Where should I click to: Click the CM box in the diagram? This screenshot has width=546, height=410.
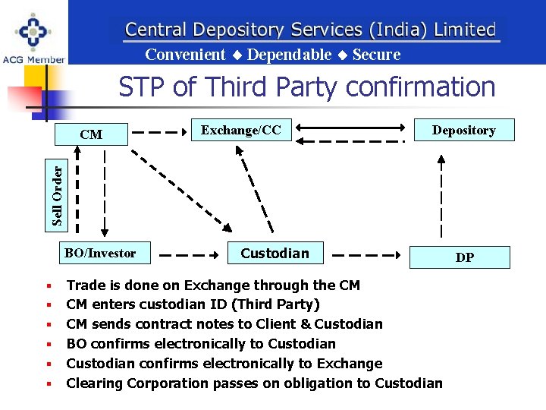pyautogui.click(x=91, y=134)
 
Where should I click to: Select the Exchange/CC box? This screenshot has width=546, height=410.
pyautogui.click(x=240, y=130)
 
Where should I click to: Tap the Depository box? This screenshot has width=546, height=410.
pyautogui.click(x=463, y=130)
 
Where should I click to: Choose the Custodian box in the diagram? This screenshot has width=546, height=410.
pyautogui.click(x=275, y=253)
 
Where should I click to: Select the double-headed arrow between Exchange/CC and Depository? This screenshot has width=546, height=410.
pyautogui.click(x=350, y=130)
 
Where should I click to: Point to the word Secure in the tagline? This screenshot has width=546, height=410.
pyautogui.click(x=376, y=55)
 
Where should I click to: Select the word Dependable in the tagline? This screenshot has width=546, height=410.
pyautogui.click(x=289, y=55)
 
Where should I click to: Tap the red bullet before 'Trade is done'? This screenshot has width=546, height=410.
pyautogui.click(x=48, y=287)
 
